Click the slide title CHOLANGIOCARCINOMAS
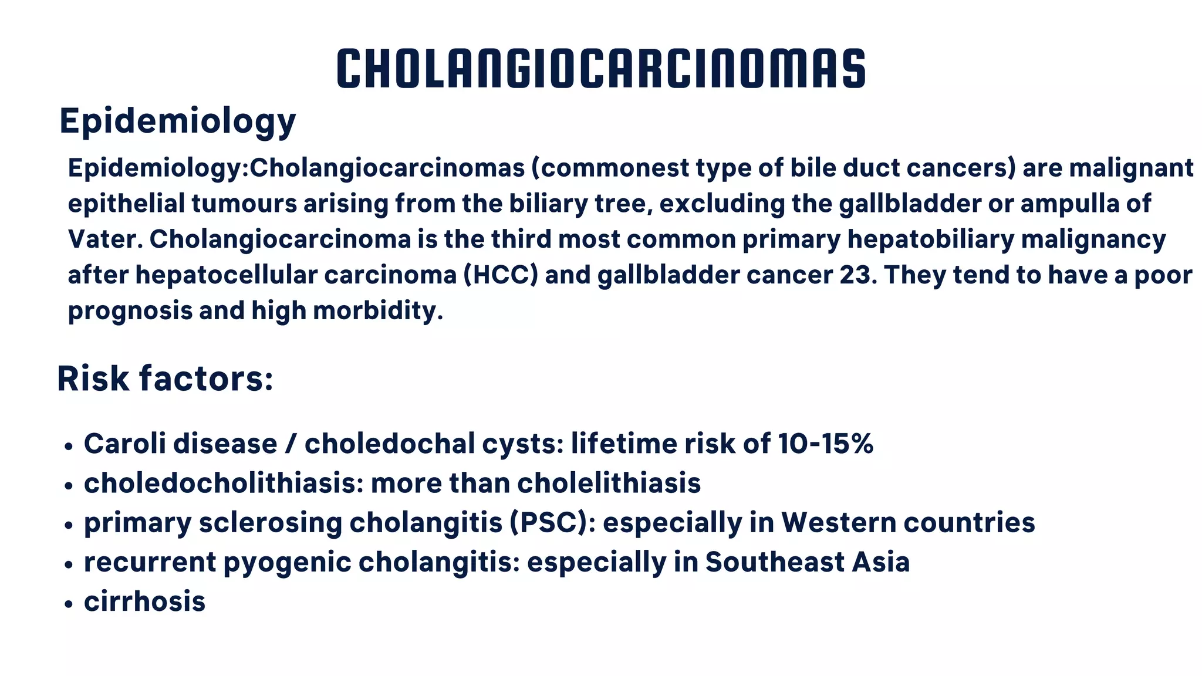tap(601, 69)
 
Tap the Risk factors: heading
tap(165, 378)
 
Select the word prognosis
tap(130, 311)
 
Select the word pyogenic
tap(287, 562)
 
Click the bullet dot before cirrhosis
tap(69, 604)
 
